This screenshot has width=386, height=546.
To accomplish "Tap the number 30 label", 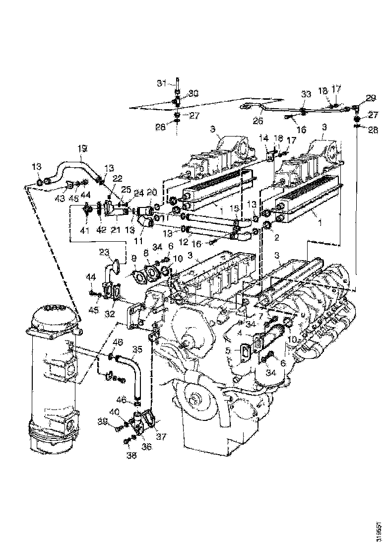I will [x=193, y=93].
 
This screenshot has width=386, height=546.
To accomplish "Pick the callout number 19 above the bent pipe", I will [x=82, y=148].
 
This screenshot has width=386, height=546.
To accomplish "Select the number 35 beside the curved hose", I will [x=136, y=349].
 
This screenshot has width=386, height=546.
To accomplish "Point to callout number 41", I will [x=84, y=230].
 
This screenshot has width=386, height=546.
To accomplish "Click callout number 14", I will [x=263, y=138].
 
